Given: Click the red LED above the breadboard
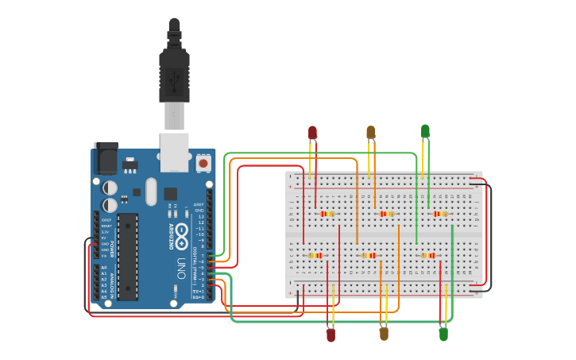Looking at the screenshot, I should pos(312,132).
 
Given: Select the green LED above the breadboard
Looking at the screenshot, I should pos(425,130).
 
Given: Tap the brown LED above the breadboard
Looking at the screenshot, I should pos(370,132).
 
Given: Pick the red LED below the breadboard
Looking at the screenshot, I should pos(331,335).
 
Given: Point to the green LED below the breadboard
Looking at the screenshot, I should pos(443,335).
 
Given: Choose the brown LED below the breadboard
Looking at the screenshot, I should pos(384,334).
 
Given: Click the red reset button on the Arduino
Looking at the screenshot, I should pos(203,163).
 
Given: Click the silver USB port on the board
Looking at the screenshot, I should pos(174,151).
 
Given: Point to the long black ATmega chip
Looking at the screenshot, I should pos(127,256).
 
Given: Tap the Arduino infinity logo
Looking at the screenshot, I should pos(181,234).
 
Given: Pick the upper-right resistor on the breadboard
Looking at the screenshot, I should pos(439,214).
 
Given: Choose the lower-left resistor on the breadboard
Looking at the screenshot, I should pos(316,255).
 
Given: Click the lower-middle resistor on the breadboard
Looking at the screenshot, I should pos(369,255).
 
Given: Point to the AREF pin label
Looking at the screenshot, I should pos(199,204).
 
